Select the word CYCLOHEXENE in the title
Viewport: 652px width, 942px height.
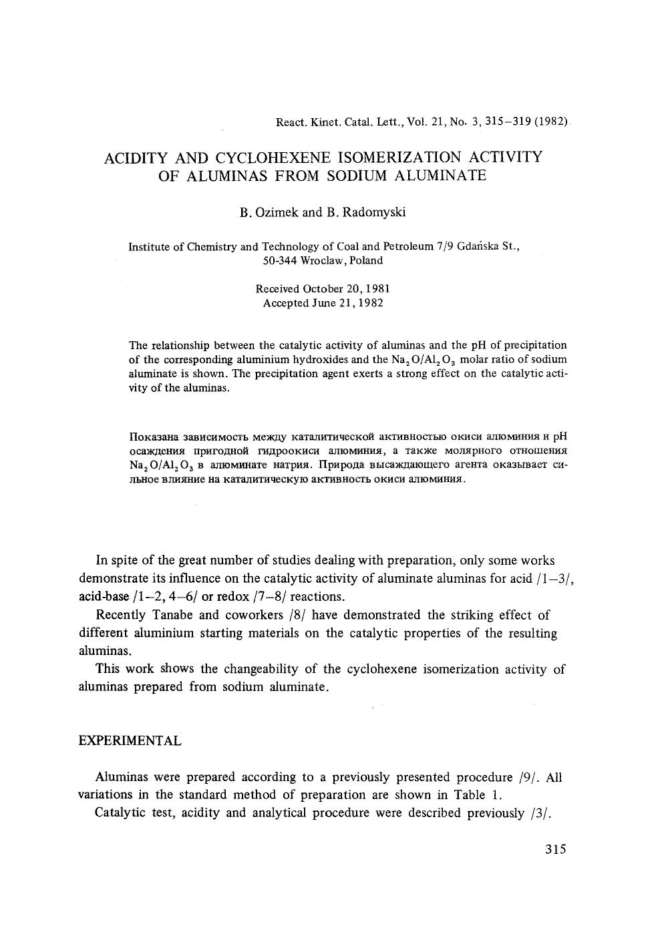273,158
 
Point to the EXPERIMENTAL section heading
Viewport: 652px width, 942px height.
130,741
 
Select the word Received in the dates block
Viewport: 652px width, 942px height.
277,289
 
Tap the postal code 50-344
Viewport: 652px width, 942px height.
277,260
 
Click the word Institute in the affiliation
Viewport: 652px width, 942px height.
149,246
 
